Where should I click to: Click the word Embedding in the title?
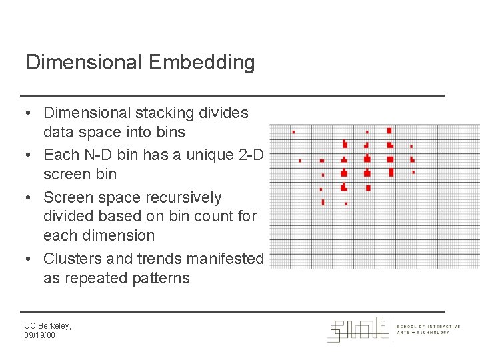[x=202, y=63]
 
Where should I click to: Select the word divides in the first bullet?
[x=224, y=113]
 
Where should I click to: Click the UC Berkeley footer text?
[x=47, y=325]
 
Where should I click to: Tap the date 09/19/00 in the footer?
[x=40, y=335]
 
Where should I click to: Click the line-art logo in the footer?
[x=358, y=329]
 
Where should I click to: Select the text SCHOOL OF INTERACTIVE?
[x=429, y=326]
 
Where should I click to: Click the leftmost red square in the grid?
[x=293, y=132]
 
